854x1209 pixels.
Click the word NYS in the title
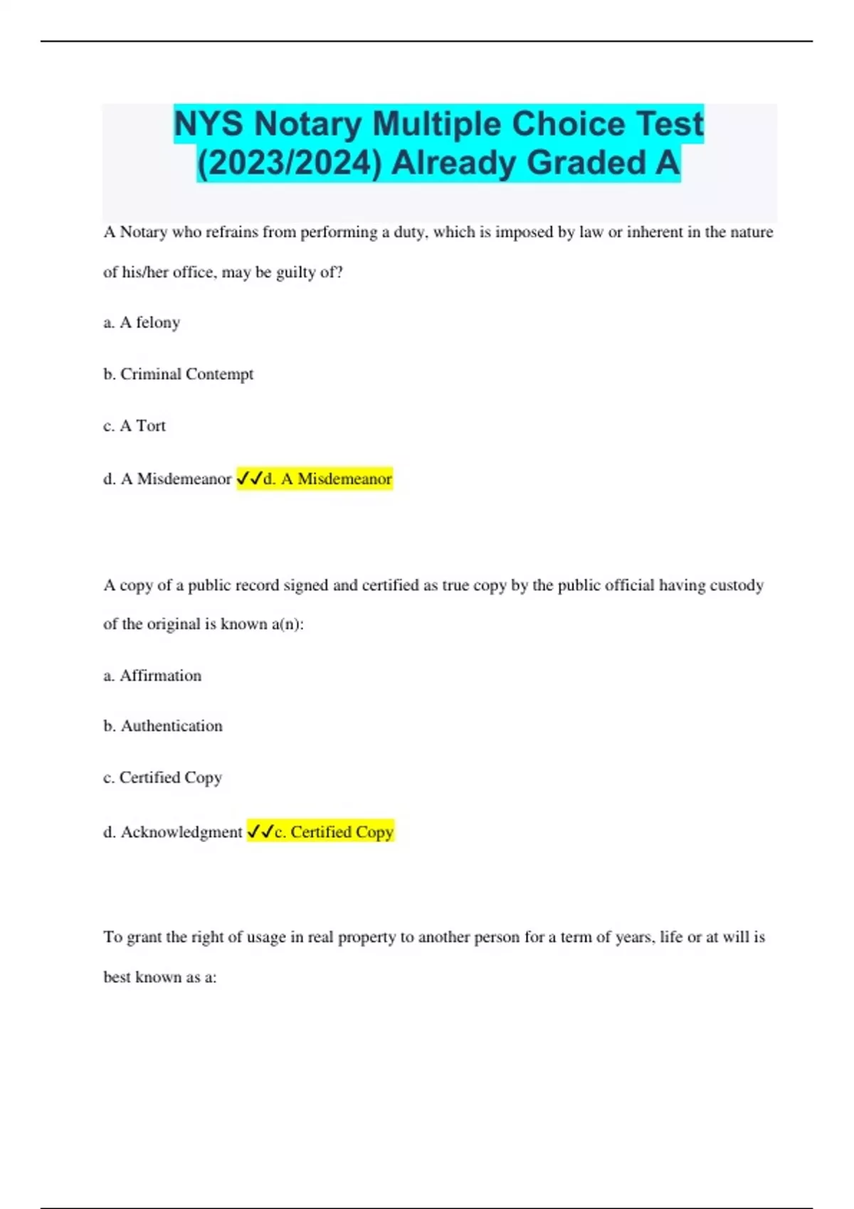210,124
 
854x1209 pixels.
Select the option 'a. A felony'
142,323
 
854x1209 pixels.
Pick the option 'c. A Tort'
135,426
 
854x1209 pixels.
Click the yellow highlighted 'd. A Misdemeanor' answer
327,479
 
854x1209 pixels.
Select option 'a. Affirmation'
152,676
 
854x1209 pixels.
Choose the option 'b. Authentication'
163,726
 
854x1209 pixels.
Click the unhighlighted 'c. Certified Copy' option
163,778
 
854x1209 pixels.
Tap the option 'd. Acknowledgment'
173,832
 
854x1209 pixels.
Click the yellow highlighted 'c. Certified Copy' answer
334,832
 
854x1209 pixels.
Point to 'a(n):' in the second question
288,624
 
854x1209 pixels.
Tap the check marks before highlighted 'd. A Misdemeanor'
249,479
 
